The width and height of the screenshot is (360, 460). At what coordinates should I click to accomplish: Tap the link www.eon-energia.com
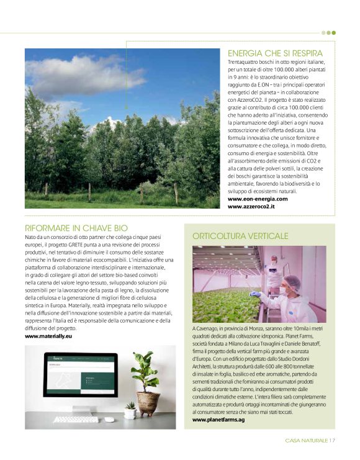(x=256, y=199)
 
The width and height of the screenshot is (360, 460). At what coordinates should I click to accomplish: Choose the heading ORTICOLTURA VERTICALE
(x=240, y=236)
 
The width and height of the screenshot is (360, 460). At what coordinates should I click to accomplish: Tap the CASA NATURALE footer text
(x=306, y=441)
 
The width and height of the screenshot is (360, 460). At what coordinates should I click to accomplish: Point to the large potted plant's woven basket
(x=148, y=403)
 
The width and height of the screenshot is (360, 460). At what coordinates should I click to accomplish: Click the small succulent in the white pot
(x=130, y=408)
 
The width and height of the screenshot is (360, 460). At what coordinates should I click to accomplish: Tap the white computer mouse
(x=109, y=419)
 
